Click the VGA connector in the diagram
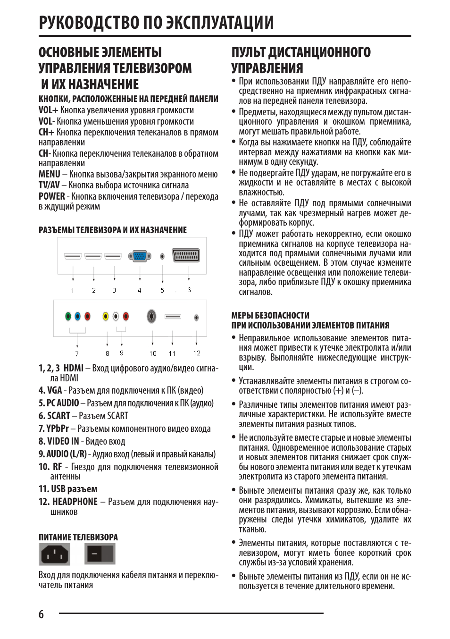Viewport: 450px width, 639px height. (140, 256)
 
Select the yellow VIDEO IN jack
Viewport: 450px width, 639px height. (106, 316)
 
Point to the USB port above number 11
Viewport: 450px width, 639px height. (173, 316)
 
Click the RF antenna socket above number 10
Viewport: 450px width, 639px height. (152, 316)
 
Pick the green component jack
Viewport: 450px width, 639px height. (68, 316)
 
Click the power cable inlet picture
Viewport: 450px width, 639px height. (54, 554)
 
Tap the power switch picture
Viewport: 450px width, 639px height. (100, 554)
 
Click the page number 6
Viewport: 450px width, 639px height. (41, 614)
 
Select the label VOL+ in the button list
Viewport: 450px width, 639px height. (48, 110)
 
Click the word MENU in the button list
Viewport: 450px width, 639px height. (50, 174)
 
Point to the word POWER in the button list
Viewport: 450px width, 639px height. (51, 196)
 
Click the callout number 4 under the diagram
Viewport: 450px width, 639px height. (139, 290)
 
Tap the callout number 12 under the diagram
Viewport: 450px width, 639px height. (197, 353)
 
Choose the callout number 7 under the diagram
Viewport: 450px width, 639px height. (77, 353)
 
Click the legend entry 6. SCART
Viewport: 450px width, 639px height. (54, 416)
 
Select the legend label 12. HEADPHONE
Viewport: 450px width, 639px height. (68, 502)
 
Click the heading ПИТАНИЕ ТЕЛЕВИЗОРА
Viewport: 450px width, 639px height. (78, 537)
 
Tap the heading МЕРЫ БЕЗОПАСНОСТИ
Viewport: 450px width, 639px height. (270, 315)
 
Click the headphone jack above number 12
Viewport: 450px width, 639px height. (196, 318)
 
